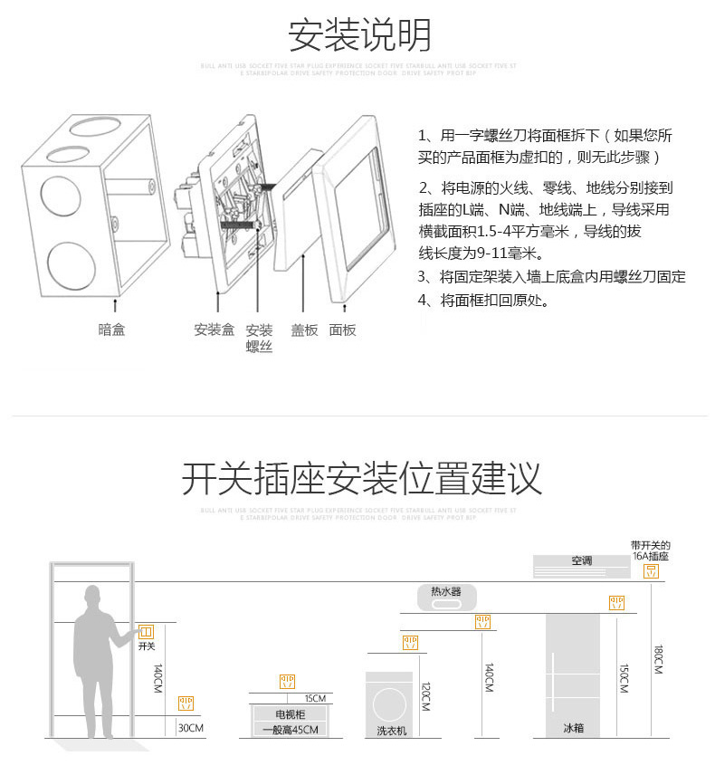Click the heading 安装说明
(359, 35)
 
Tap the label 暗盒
(111, 330)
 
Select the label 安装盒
(214, 330)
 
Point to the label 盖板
(304, 330)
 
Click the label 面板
(342, 330)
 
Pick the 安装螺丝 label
(260, 338)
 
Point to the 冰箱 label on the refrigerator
(573, 728)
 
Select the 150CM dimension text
(624, 679)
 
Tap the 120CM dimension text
(424, 696)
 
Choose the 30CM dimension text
(191, 728)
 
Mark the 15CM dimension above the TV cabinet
(315, 698)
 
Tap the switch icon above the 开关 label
(146, 631)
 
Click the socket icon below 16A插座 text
(651, 571)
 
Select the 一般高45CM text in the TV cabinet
(290, 730)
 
